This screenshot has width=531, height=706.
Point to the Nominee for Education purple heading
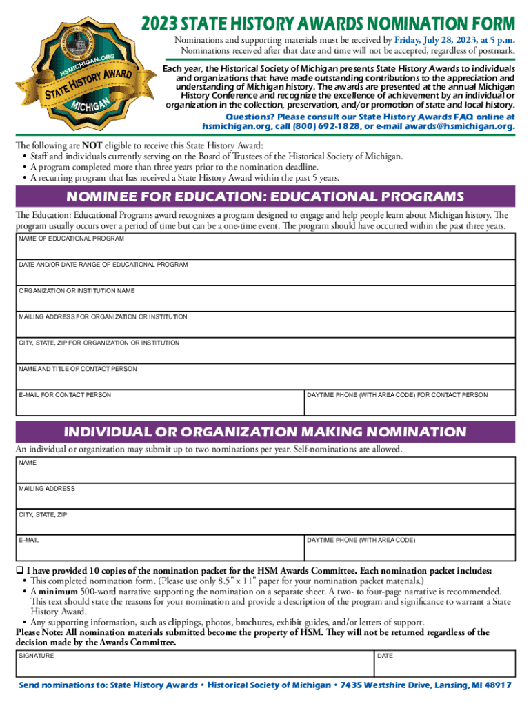265,196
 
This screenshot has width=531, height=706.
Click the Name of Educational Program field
265,248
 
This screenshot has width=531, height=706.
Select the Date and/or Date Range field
265,274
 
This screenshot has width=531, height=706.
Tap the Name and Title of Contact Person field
265,378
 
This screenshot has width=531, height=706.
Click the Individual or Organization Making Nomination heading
265,432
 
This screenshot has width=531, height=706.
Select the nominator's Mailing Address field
265,497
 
